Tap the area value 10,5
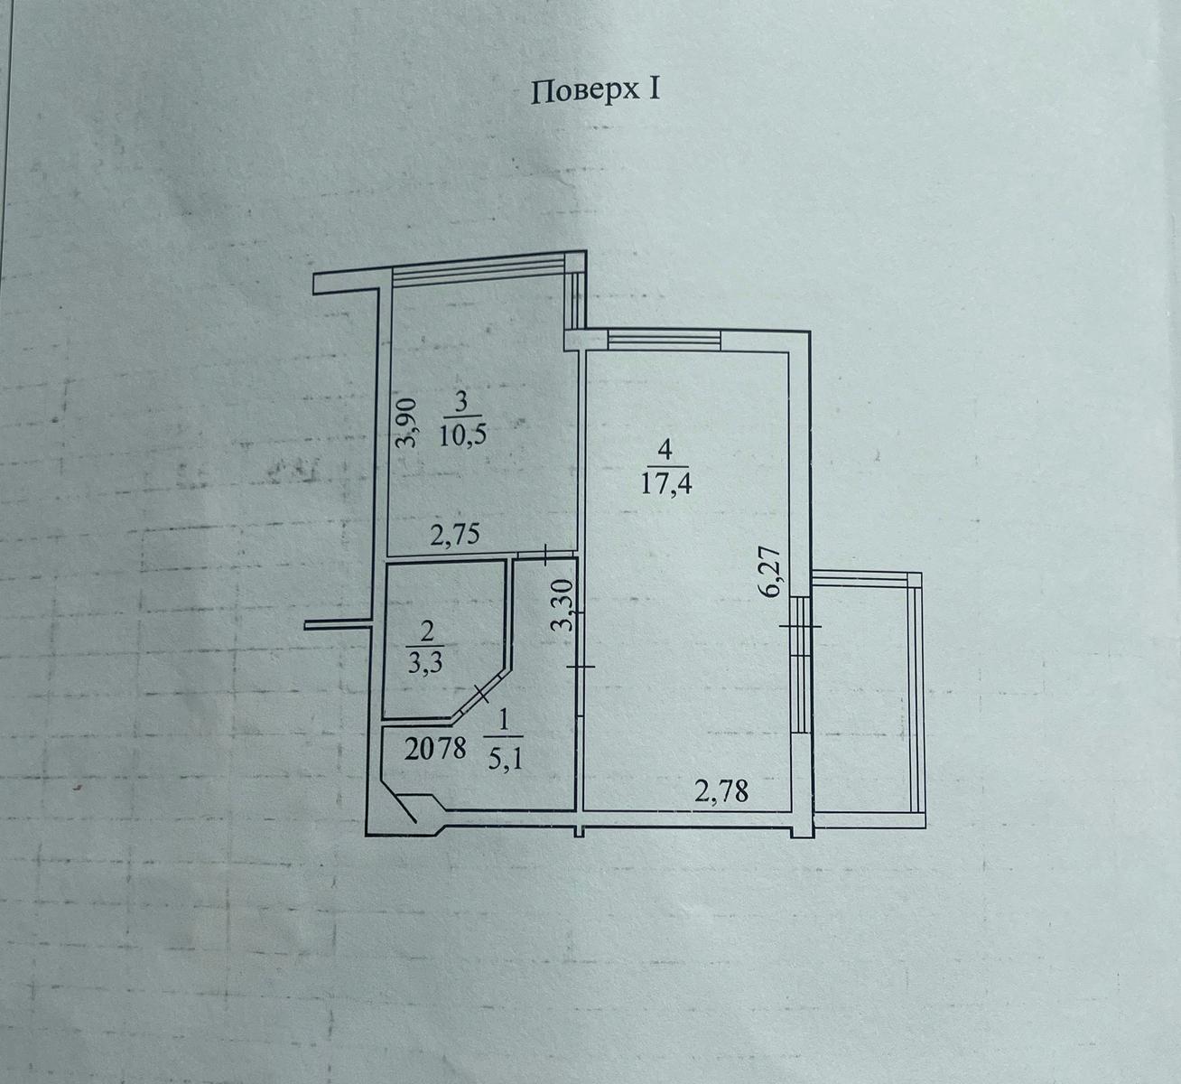tap(462, 437)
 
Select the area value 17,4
tap(666, 485)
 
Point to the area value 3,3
tap(424, 665)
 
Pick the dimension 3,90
tap(407, 423)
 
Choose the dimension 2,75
tap(455, 535)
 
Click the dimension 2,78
tap(721, 792)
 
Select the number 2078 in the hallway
tap(436, 749)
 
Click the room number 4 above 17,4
tap(665, 451)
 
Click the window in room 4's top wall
tap(664, 340)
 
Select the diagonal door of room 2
tap(479, 696)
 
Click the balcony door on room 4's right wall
tap(800, 664)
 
